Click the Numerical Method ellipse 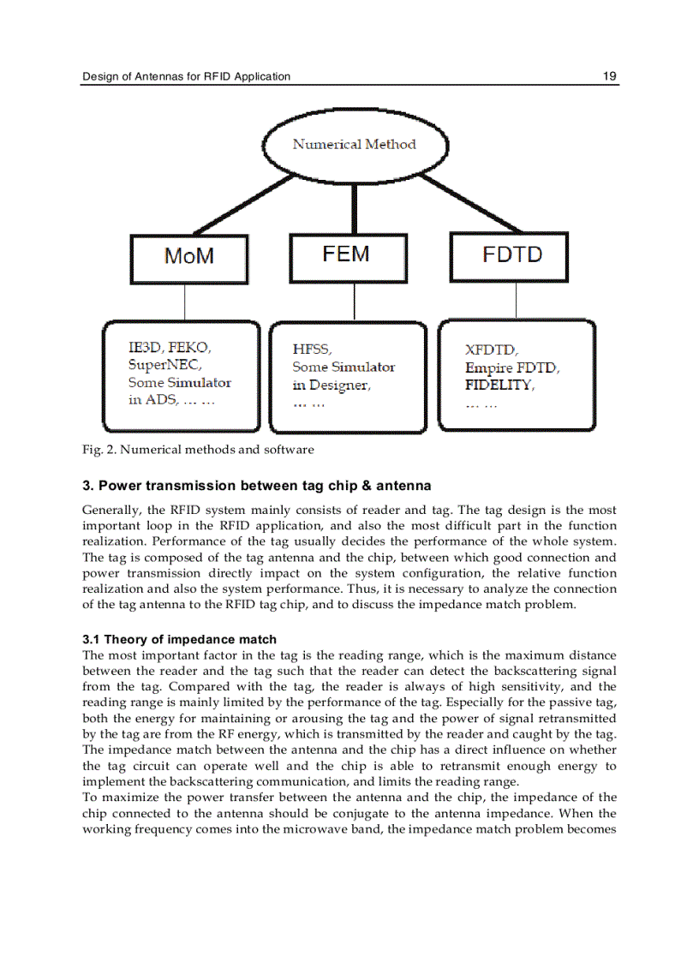[355, 145]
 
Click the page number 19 [609, 76]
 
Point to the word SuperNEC [164, 365]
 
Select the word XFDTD [491, 350]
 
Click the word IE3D [145, 347]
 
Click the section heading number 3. [87, 486]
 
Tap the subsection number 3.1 [92, 639]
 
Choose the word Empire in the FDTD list [487, 368]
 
